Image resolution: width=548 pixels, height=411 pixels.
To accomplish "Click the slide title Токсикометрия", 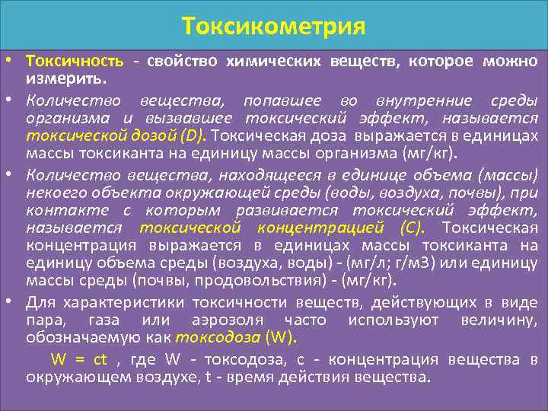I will [274, 27].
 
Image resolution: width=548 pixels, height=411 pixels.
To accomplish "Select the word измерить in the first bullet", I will [65, 78].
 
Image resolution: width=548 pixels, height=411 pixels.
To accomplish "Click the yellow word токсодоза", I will [218, 338].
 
